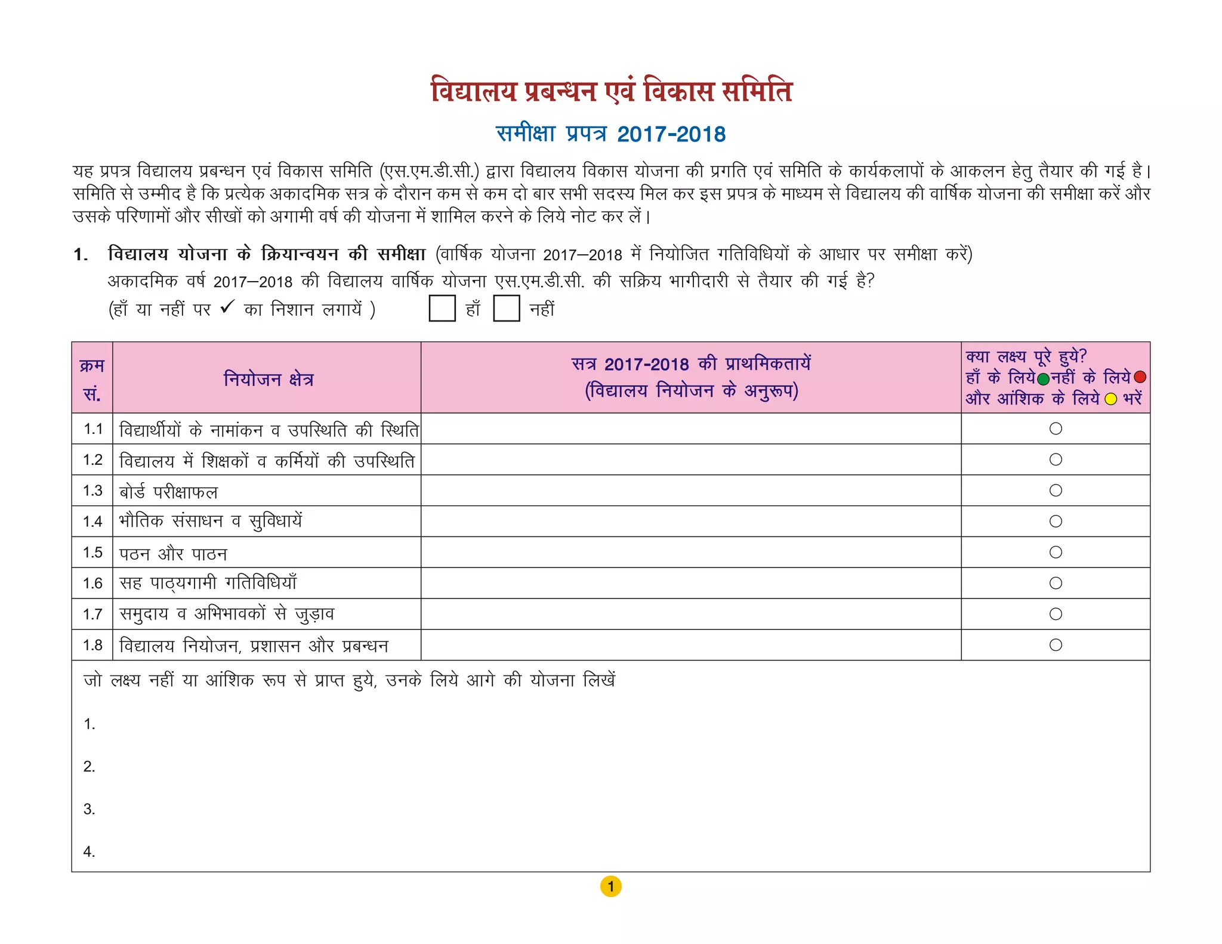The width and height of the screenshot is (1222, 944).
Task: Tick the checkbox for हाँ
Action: [442, 309]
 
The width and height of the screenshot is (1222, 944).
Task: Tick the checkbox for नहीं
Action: [506, 309]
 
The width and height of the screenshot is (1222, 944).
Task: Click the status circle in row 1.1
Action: [1056, 428]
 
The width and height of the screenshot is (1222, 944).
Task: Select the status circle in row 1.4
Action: [1056, 522]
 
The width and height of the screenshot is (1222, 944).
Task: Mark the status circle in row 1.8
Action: [1056, 645]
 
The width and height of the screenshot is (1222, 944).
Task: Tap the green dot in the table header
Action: [1044, 379]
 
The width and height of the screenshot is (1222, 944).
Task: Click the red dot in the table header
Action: [1140, 377]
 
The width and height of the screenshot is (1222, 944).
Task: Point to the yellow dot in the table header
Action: [1110, 399]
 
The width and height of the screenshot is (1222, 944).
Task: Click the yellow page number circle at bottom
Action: [610, 887]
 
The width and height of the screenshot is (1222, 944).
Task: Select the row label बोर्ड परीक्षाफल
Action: [169, 492]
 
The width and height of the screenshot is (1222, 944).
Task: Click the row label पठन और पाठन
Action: [173, 554]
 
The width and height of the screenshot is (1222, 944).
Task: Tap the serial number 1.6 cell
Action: [92, 584]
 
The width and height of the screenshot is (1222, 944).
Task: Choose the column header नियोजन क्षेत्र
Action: [269, 379]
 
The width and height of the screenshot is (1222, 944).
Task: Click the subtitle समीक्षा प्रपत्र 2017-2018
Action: [611, 134]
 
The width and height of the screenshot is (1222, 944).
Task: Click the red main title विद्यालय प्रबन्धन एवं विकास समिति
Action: [611, 91]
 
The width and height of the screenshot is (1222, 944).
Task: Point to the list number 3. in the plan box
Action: [89, 809]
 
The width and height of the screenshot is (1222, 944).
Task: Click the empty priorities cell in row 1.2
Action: [691, 460]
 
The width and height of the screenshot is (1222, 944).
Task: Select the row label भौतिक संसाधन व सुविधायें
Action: [211, 522]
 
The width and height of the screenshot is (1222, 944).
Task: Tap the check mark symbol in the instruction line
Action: [227, 307]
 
